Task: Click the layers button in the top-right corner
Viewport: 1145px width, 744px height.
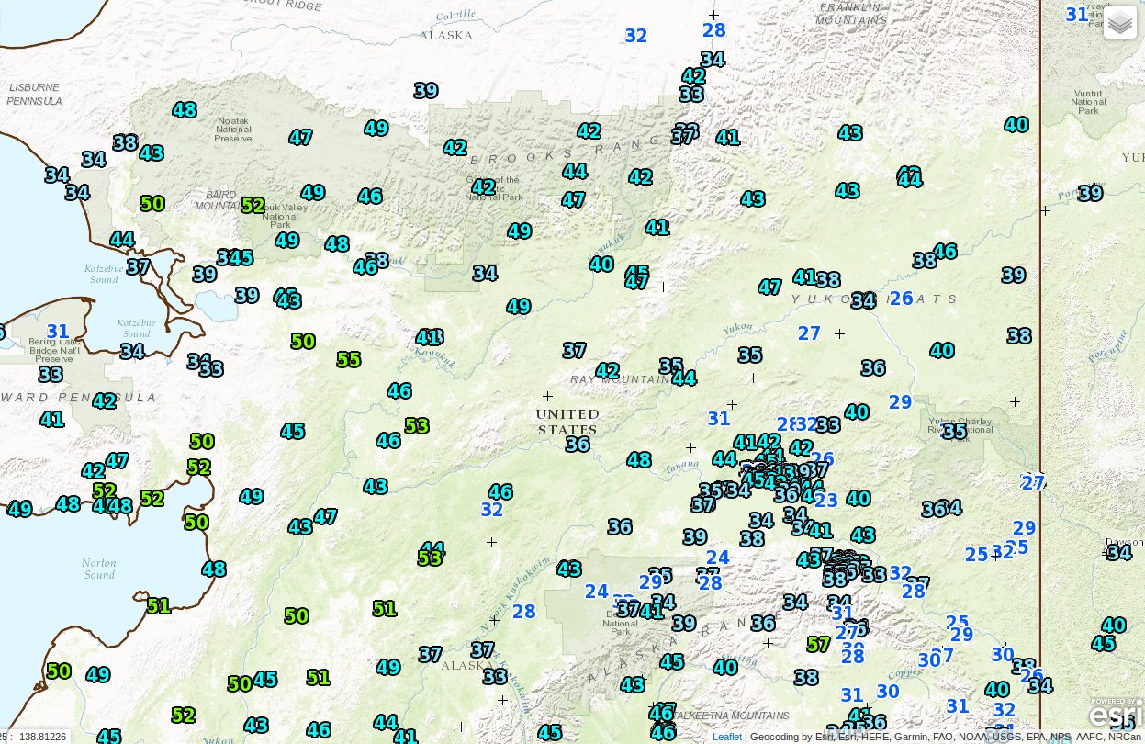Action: (1120, 23)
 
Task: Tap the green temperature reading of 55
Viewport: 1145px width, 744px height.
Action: (348, 360)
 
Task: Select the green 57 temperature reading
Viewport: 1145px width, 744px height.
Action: (818, 644)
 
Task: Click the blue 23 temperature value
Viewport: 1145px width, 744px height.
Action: (825, 500)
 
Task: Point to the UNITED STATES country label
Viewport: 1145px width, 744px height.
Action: (567, 422)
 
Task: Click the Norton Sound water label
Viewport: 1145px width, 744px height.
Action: (99, 569)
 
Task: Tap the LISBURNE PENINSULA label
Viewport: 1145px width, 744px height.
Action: (35, 94)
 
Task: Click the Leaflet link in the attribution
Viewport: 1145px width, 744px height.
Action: (726, 737)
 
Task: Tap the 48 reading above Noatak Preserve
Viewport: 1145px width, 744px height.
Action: (185, 109)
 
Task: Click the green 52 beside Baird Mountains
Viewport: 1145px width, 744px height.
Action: (253, 206)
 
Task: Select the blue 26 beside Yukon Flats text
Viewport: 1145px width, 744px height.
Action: (902, 298)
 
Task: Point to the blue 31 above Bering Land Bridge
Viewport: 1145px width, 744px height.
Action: (58, 332)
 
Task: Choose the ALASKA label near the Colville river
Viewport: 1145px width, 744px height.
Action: (445, 36)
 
